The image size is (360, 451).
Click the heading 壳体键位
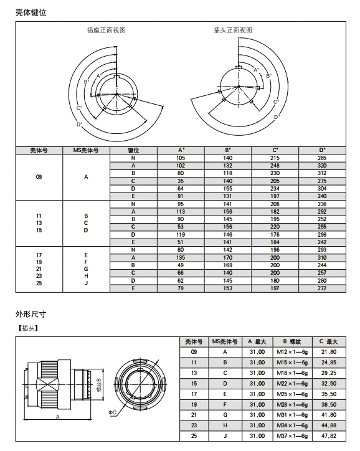tap(31, 12)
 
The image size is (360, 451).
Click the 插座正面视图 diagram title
tap(107, 30)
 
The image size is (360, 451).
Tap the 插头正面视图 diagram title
tap(233, 30)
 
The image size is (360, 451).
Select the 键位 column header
tap(133, 150)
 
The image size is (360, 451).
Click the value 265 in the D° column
tap(322, 158)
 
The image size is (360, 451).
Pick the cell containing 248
tap(275, 166)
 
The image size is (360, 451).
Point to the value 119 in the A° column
tap(181, 235)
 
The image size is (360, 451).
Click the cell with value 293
tap(322, 250)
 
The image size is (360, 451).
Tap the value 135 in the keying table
tap(181, 258)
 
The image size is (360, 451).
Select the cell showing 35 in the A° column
tap(181, 181)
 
